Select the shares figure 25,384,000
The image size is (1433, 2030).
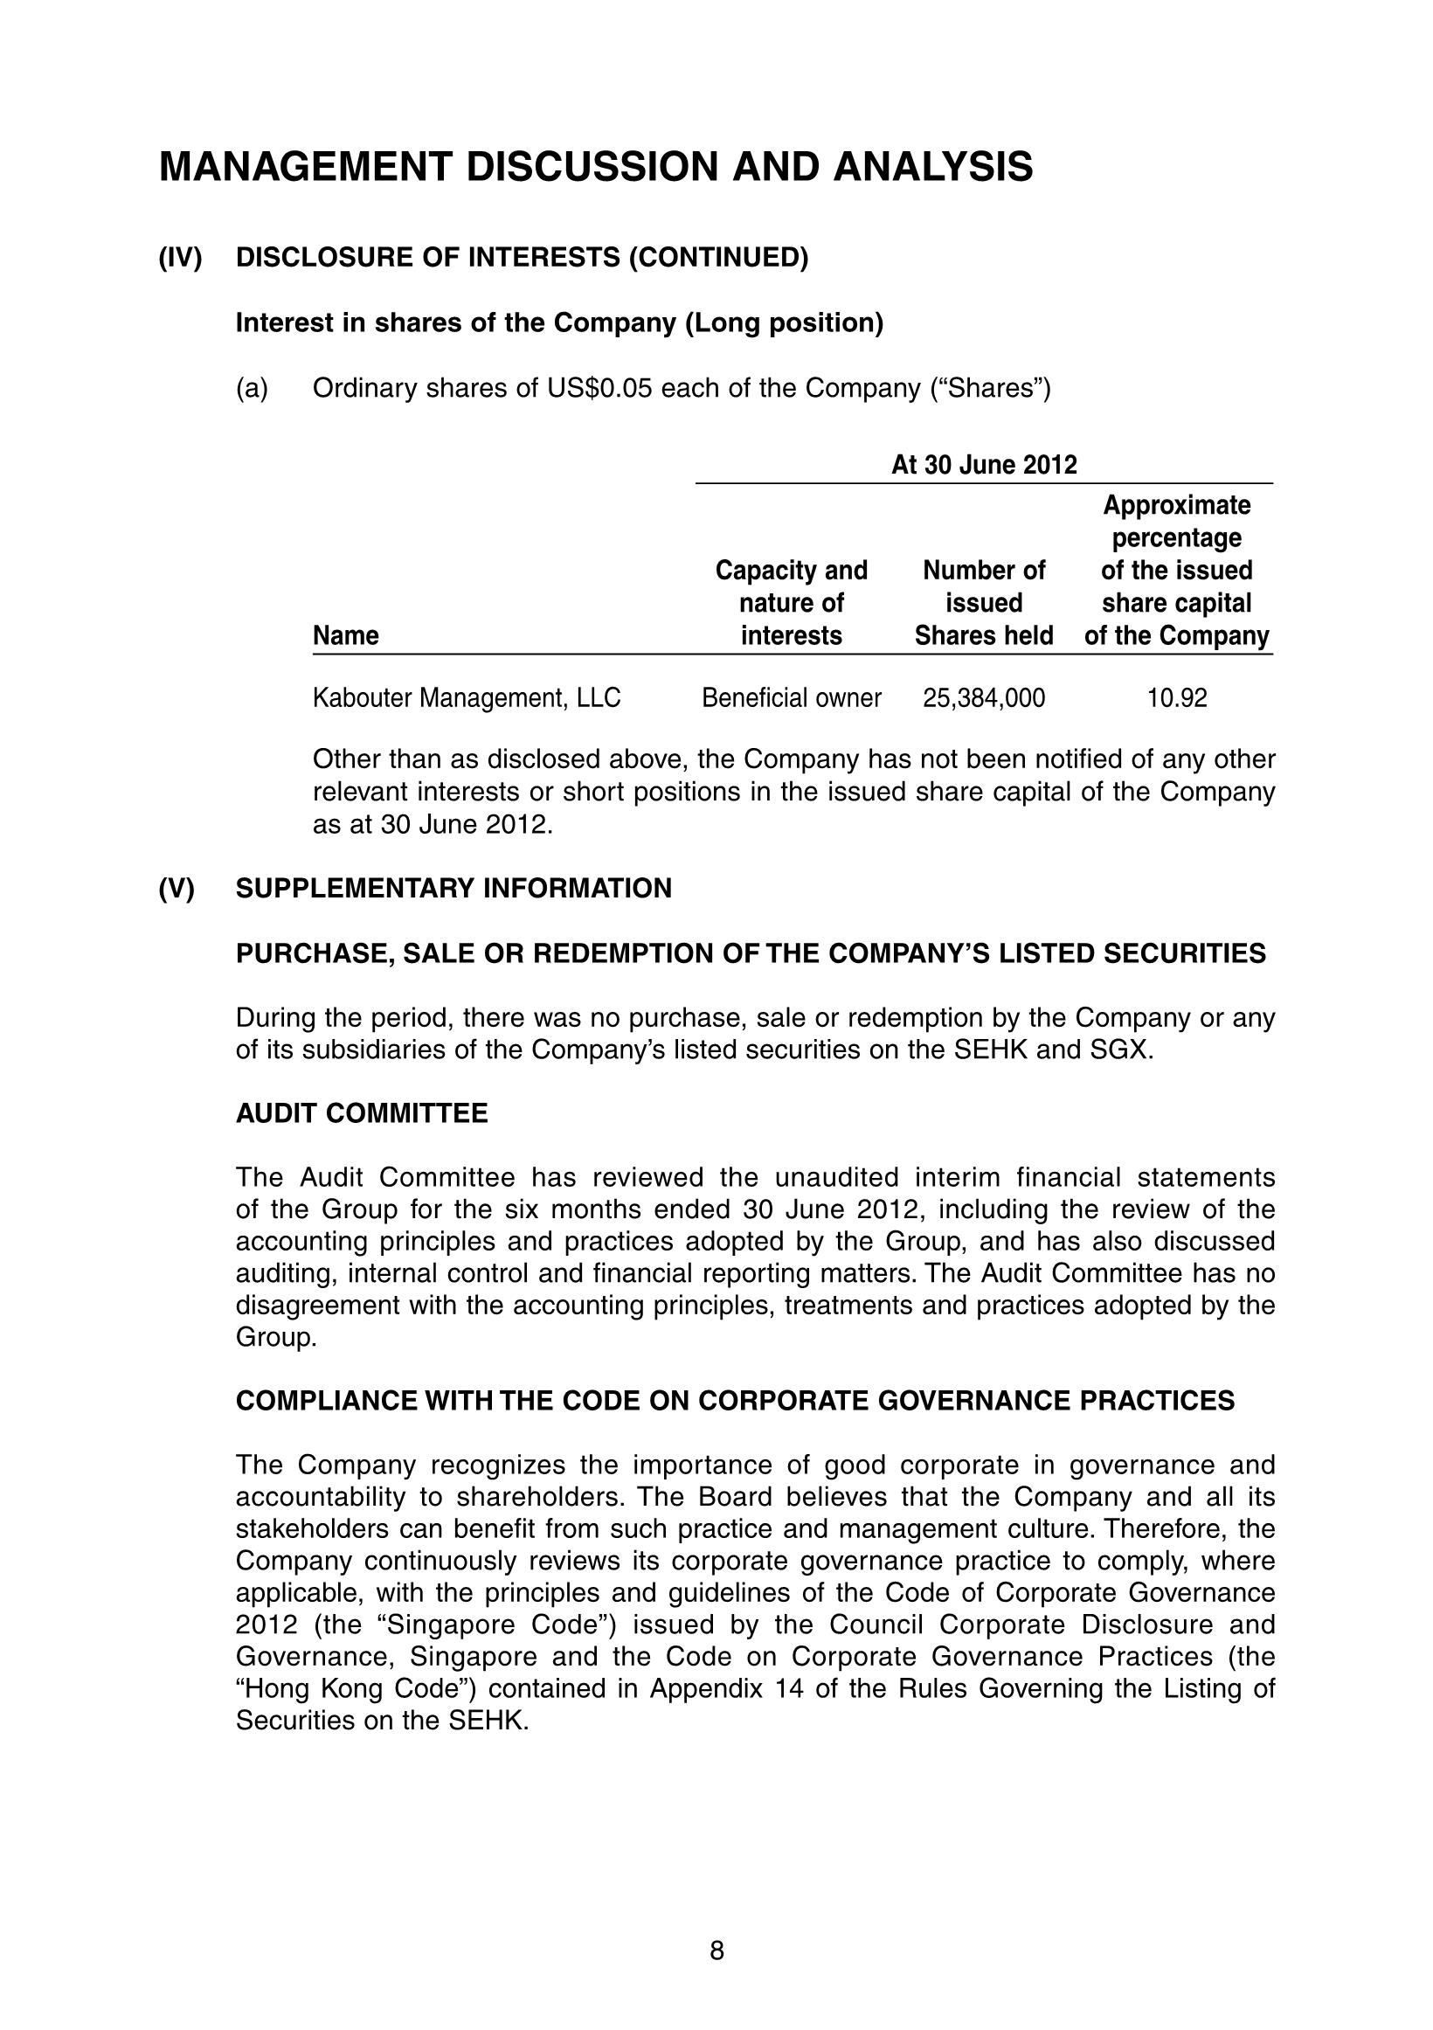click(983, 698)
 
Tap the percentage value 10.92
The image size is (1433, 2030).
click(1177, 698)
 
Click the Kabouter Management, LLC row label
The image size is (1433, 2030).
click(467, 698)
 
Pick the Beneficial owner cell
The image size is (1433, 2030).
click(791, 698)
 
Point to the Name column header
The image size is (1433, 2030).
click(346, 635)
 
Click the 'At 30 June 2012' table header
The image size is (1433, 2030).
click(983, 465)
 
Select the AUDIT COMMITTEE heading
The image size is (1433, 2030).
click(362, 1113)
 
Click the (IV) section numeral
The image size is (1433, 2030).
click(180, 258)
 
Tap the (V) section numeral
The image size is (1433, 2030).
click(176, 889)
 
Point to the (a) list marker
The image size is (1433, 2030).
click(252, 389)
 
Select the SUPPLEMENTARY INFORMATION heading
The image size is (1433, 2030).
click(453, 889)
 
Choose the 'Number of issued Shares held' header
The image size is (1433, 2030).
click(983, 603)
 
